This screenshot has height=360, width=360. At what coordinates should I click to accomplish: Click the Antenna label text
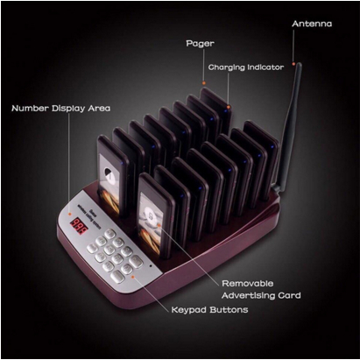[312, 24]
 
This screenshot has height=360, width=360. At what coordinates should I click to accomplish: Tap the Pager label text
[200, 44]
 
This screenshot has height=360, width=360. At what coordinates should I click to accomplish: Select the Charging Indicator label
[246, 67]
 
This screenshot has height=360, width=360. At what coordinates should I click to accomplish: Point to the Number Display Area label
[60, 109]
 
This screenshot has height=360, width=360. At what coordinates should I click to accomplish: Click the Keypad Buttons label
[209, 309]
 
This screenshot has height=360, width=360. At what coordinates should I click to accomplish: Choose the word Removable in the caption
[248, 283]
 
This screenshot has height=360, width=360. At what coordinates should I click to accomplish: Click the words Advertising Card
[261, 295]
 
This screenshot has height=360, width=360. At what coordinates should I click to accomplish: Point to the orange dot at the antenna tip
[293, 63]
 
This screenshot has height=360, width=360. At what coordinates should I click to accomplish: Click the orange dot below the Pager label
[204, 83]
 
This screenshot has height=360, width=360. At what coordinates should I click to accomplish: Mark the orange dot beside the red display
[70, 214]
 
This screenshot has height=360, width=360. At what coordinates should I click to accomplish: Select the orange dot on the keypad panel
[133, 276]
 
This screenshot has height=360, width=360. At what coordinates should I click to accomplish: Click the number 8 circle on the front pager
[151, 216]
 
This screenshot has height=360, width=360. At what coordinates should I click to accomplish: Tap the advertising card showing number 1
[109, 184]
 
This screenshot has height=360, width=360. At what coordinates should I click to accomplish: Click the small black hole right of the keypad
[151, 265]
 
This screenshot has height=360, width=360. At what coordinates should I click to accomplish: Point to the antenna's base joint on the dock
[276, 187]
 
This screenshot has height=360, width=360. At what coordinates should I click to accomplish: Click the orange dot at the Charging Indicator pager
[229, 107]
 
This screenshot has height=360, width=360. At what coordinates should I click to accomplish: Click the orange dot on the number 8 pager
[159, 225]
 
